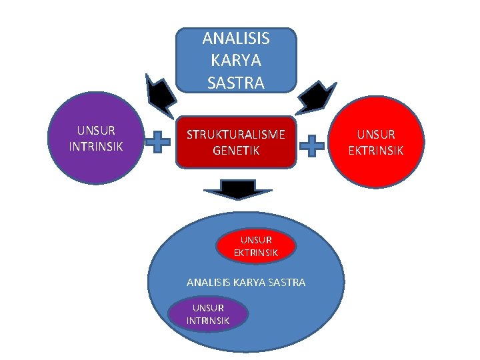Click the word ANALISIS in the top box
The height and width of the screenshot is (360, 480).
(236, 38)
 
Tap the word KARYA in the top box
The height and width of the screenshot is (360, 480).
(236, 61)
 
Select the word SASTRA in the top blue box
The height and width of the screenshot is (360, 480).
(236, 83)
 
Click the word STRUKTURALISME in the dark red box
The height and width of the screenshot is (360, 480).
(236, 135)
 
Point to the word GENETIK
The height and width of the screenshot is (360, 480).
(236, 151)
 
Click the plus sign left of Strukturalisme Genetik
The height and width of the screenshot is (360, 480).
(158, 143)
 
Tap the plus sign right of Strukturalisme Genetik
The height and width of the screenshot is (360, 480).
(313, 145)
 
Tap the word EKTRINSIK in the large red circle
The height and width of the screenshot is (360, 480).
(376, 151)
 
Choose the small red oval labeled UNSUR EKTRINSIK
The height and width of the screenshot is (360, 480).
(256, 246)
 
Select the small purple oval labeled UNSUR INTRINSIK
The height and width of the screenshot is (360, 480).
(208, 314)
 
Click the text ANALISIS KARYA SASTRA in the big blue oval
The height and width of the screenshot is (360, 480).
(246, 283)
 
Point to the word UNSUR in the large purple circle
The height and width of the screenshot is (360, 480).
(96, 130)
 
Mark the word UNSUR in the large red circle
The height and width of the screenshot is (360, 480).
(376, 135)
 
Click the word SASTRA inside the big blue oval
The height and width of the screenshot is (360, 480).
(289, 283)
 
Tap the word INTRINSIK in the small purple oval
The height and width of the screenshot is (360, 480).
(208, 321)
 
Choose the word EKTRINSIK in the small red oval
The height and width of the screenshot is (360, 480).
(256, 253)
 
